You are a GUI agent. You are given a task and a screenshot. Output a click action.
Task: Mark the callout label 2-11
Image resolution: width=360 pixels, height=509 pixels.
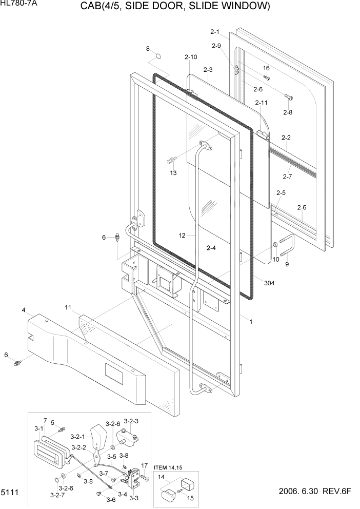[262, 103]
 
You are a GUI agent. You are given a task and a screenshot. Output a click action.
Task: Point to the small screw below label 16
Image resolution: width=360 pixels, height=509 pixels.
[267, 77]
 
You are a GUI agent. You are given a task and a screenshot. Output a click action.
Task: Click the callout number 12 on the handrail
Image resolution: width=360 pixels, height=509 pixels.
[182, 236]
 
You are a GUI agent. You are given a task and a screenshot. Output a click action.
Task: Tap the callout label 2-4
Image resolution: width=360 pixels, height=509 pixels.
[211, 248]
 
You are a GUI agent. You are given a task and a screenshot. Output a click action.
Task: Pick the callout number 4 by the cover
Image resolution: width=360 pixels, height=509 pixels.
[24, 310]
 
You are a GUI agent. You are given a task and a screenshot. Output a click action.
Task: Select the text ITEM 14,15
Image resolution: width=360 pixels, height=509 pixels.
[168, 467]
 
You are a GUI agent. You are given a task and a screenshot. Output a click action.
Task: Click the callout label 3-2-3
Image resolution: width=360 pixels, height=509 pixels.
[131, 421]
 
